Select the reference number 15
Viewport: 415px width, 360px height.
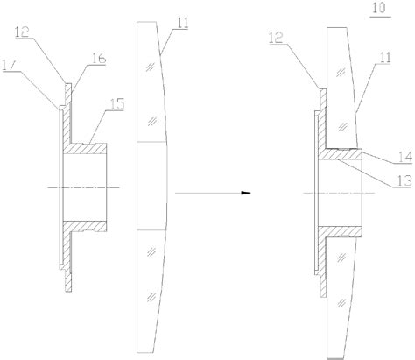116,104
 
